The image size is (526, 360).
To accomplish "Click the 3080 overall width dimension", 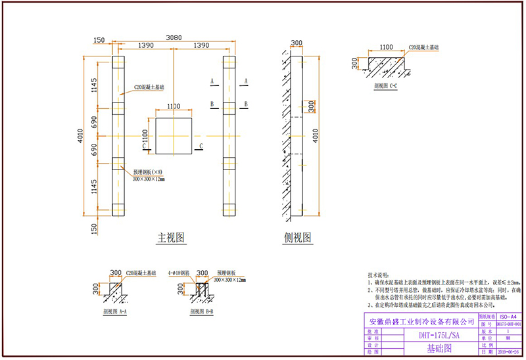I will click(173, 37).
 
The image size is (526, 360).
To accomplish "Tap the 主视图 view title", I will click(170, 236).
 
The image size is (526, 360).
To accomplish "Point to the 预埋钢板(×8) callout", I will click(151, 170).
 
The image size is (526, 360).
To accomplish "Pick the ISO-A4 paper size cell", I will click(510, 317).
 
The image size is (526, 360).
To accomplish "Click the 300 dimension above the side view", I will click(297, 43).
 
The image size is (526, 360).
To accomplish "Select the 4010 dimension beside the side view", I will click(317, 136).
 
